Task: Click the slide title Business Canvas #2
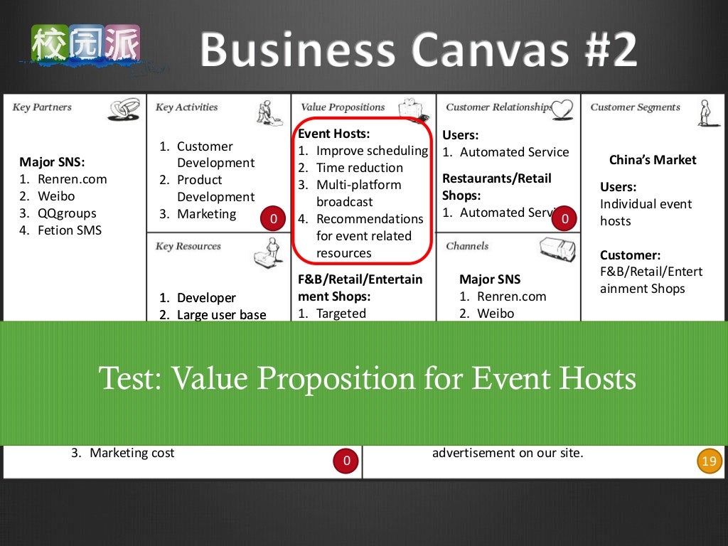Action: coord(418,50)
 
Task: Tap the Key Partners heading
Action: coord(42,107)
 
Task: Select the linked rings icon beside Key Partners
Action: coord(124,109)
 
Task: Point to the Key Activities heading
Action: coord(186,107)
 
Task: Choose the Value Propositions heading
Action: coord(342,107)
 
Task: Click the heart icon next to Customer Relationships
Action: coord(562,109)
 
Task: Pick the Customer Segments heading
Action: coord(635,107)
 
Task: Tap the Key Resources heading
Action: coord(188,246)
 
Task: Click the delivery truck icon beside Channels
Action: coord(557,249)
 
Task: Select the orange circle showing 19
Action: coord(709,461)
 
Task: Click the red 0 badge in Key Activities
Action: coord(274,218)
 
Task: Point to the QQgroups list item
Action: coord(67,213)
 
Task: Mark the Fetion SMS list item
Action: coord(70,230)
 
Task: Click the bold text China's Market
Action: coord(653,160)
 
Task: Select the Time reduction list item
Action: coord(359,168)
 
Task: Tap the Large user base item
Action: coord(221,314)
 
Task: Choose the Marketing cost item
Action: coord(132,453)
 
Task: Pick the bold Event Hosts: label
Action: coord(334,134)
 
